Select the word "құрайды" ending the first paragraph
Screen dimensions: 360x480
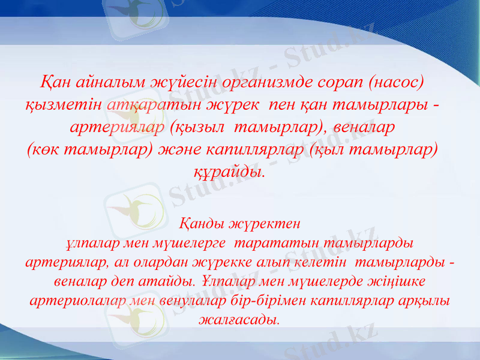point(227,172)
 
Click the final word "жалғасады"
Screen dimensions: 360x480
point(239,318)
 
